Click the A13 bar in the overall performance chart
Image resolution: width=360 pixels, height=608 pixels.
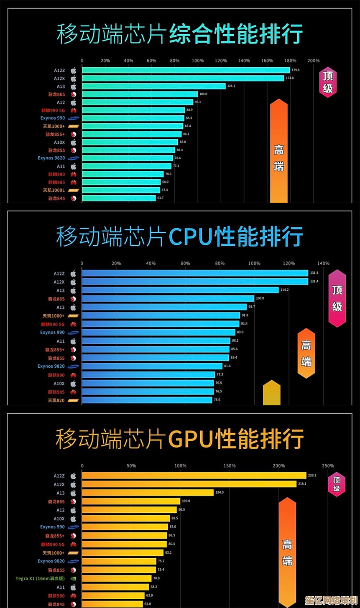click(x=153, y=86)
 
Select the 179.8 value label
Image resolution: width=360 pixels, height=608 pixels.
click(x=296, y=70)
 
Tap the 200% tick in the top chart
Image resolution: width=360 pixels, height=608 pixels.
click(x=314, y=61)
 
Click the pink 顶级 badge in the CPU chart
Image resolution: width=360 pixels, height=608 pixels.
click(x=337, y=298)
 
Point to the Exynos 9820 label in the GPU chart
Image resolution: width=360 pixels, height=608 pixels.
click(x=51, y=561)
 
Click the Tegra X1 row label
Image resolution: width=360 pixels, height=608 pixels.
click(x=40, y=579)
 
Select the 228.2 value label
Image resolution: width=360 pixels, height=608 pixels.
click(x=312, y=476)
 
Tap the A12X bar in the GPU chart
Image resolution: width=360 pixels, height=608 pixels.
click(x=189, y=484)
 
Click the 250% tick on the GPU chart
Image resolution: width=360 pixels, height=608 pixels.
click(x=328, y=466)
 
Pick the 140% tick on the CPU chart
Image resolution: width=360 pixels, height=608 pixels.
click(x=323, y=264)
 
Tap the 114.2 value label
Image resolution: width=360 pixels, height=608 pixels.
click(x=284, y=290)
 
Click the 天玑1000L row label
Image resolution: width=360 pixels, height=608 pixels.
click(x=54, y=191)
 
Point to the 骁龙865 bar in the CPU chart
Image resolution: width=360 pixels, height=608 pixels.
click(x=168, y=299)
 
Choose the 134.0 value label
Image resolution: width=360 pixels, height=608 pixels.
click(x=220, y=493)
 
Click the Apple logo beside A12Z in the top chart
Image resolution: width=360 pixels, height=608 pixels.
click(x=74, y=71)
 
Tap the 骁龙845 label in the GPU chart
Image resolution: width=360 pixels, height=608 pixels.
click(x=56, y=604)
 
